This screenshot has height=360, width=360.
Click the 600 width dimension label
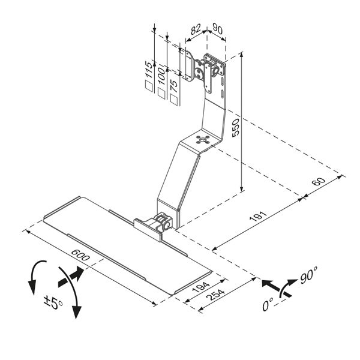coord(80,255)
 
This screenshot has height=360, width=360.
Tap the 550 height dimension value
coord(236,128)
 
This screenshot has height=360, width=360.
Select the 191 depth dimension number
coord(258,216)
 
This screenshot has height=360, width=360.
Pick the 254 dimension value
coord(215,295)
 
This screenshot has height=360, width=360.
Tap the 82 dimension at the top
coord(196,29)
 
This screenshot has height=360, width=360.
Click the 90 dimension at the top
coord(217,28)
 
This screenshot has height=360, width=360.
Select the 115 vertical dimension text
coord(149,70)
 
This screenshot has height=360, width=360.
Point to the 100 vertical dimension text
coord(161,76)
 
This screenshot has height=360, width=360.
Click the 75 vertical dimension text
coord(174,86)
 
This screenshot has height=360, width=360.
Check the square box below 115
coord(149,86)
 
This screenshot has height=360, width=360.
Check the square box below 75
coord(174,100)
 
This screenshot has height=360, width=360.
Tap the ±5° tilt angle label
coord(53,302)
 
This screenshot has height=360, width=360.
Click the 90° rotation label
coord(309,275)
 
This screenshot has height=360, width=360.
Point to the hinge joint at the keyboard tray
coord(164,221)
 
